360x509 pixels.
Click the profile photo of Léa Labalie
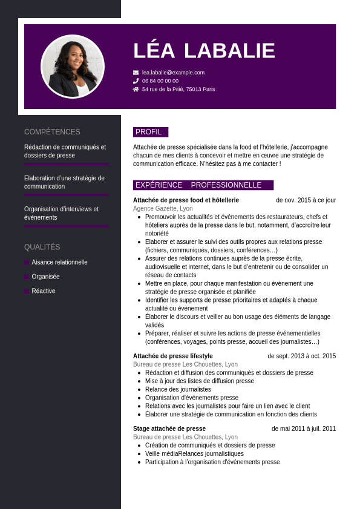(73, 66)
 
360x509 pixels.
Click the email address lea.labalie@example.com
(173, 73)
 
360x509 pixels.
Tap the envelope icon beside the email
(136, 73)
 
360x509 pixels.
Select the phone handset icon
(136, 80)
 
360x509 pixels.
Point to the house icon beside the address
(136, 89)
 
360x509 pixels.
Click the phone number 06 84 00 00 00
(160, 80)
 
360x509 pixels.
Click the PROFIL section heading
(149, 132)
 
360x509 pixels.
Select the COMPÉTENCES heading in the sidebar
(52, 132)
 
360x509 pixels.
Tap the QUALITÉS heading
(42, 247)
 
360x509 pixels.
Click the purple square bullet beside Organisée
(27, 277)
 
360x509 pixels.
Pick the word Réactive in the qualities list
(44, 291)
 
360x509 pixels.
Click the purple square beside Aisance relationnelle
(27, 262)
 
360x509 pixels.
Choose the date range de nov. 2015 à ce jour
(306, 200)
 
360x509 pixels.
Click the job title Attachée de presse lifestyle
(173, 356)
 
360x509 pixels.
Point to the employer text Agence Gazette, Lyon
(163, 208)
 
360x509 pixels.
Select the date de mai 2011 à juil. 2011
(304, 429)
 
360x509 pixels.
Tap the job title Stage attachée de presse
(169, 429)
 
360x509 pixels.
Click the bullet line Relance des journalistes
(178, 389)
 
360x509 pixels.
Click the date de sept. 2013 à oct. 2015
(301, 356)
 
